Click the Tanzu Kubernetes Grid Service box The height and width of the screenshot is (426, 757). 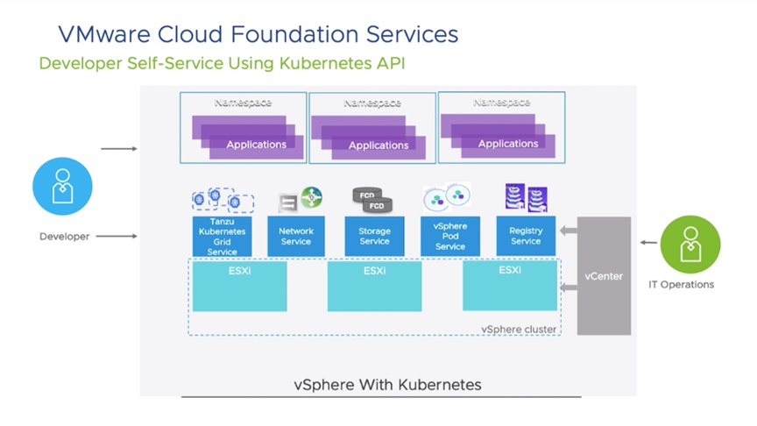coord(222,236)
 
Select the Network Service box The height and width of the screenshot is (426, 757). coord(296,236)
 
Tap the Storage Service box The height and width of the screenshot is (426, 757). coord(374,236)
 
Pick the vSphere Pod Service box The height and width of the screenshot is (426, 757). coord(450,236)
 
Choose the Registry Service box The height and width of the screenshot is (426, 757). coord(526,236)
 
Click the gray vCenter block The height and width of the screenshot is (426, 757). coord(604,276)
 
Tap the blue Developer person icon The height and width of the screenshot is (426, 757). coord(62,186)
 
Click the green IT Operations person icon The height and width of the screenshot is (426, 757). coord(690,245)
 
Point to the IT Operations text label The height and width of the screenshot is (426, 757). coord(681,285)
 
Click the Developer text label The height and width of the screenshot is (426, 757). coord(65,237)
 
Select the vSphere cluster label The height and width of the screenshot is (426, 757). coord(519,329)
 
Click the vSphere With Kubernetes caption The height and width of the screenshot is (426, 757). coord(387,385)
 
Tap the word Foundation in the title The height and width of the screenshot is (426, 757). coord(294,34)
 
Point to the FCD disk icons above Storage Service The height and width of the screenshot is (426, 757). coord(372,200)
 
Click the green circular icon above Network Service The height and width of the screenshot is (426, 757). coord(311,197)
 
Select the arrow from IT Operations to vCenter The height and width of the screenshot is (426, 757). coord(649,243)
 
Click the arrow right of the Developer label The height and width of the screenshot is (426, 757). coord(117,236)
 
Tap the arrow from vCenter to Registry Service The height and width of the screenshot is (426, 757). coord(569,231)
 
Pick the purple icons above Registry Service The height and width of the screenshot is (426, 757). coord(527,197)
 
